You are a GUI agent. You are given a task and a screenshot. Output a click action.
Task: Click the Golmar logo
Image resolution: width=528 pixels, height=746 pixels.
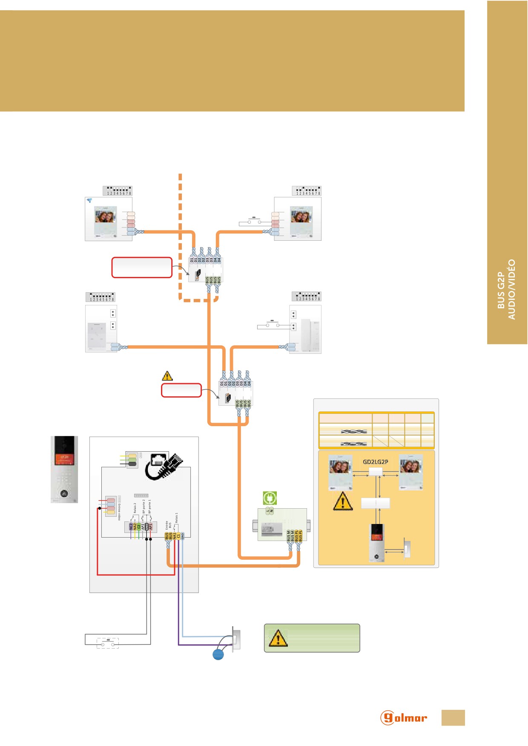pos(403,718)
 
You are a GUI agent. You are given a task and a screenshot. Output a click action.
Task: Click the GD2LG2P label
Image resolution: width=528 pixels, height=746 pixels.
pos(375,462)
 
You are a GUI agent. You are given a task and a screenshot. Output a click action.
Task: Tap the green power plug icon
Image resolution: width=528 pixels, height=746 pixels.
pos(270,498)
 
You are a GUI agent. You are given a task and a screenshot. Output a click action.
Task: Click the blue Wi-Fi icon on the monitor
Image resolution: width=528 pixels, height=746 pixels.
pos(89,200)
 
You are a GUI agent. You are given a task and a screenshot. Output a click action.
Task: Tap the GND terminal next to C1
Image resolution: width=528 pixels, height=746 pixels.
pos(183,536)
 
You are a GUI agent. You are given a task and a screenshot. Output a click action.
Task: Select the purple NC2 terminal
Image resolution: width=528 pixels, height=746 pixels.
pos(131,527)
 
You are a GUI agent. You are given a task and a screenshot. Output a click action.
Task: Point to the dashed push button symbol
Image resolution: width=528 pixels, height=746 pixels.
pos(107,643)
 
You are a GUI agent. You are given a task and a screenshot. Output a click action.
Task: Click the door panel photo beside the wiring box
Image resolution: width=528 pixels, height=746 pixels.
pos(64,469)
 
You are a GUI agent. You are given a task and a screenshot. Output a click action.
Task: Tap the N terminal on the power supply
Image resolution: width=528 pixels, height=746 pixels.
pos(272,510)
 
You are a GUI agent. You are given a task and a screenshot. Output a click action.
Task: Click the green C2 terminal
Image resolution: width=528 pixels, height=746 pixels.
pos(139,527)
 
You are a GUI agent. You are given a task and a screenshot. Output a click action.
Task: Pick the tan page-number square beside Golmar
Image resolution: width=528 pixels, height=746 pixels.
pos(453,718)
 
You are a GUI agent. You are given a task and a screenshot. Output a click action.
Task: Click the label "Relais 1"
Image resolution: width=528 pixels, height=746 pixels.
pos(177,518)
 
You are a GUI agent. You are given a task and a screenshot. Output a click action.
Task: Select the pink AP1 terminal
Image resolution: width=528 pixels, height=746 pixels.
pos(150,527)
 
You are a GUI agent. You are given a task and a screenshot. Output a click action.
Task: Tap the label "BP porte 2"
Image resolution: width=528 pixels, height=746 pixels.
pos(144,507)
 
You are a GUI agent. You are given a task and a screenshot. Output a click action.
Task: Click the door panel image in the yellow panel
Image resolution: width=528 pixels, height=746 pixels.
pos(376,542)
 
